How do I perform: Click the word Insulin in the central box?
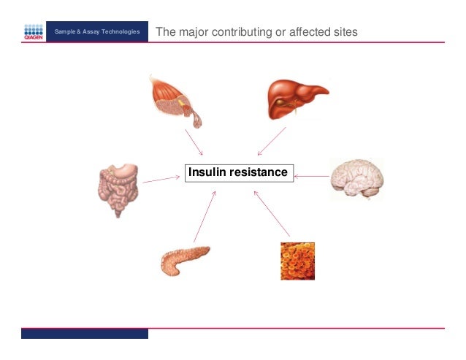point(207,173)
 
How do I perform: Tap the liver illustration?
point(295,99)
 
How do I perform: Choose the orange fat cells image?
point(297,261)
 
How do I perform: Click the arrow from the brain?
point(312,175)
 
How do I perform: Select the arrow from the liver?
point(272,141)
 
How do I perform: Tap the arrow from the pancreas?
point(205,216)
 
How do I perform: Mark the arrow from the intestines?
point(161,178)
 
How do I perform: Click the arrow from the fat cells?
point(272,213)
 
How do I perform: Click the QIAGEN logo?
point(34,32)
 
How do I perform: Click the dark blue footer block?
point(84,334)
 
